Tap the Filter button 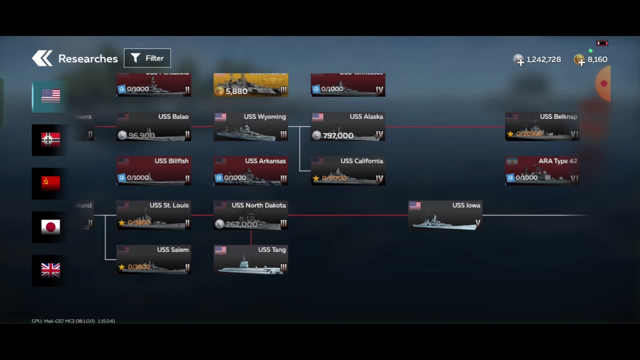pos(147,58)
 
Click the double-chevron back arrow pos(42,58)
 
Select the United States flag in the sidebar pos(50,96)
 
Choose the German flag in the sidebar pos(50,140)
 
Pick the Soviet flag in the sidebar pos(50,183)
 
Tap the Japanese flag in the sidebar pos(50,227)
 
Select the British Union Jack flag pos(50,270)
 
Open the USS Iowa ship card pos(445,215)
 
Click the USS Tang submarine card pos(250,260)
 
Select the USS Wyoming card pos(250,127)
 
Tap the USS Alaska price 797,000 pos(338,135)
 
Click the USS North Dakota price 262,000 pos(241,224)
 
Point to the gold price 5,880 pos(236,91)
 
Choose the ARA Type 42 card pos(542,171)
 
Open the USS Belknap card pos(542,127)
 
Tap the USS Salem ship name pos(173,249)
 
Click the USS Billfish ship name pos(171,161)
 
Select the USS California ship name pos(361,161)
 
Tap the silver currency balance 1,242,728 pos(543,59)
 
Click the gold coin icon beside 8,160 pos(579,60)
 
